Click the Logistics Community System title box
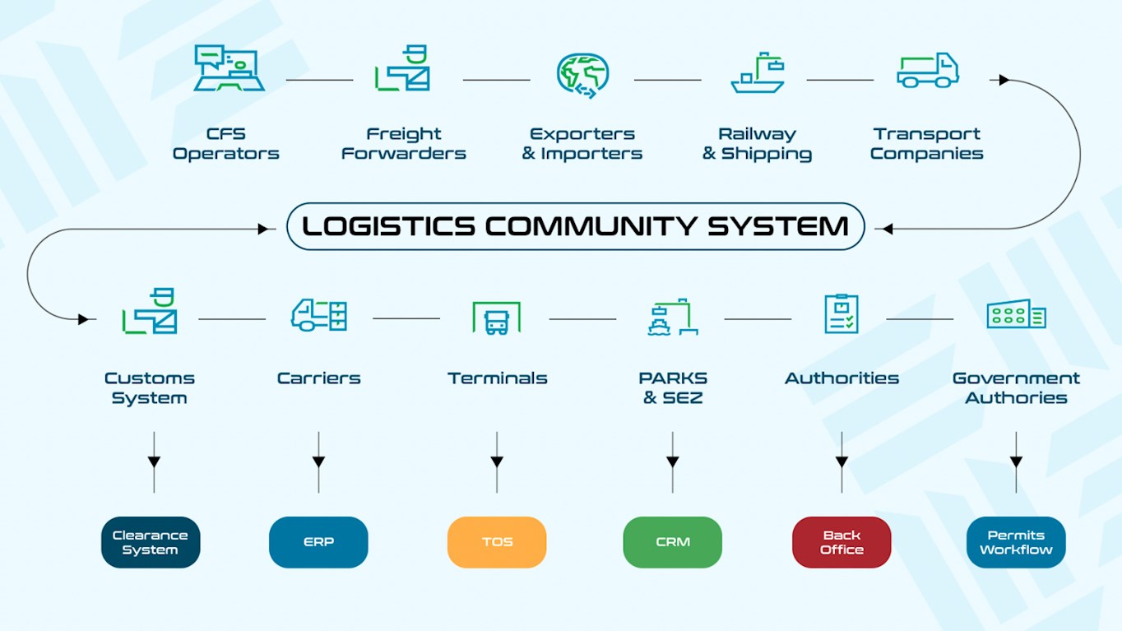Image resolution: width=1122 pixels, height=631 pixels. pyautogui.click(x=575, y=226)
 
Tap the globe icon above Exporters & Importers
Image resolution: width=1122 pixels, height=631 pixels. pyautogui.click(x=582, y=75)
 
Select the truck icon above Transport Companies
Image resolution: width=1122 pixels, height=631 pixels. pyautogui.click(x=928, y=71)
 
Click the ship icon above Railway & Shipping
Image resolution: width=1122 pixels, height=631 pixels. pyautogui.click(x=757, y=74)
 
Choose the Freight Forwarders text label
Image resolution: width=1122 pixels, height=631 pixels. pyautogui.click(x=404, y=143)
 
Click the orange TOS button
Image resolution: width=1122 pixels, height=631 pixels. pyautogui.click(x=497, y=542)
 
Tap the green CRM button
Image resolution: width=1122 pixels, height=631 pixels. pyautogui.click(x=672, y=542)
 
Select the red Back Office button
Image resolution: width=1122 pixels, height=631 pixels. pyautogui.click(x=841, y=542)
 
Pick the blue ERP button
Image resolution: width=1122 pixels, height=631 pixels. pyautogui.click(x=318, y=542)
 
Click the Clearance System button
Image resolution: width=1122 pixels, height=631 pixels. pyautogui.click(x=151, y=542)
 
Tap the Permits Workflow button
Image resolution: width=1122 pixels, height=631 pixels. pyautogui.click(x=1016, y=542)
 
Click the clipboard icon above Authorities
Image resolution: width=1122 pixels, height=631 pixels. pyautogui.click(x=841, y=313)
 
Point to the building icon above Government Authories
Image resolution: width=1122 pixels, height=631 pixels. pyautogui.click(x=1016, y=314)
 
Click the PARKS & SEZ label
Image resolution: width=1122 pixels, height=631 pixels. pyautogui.click(x=673, y=387)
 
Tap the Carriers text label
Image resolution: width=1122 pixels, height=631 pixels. pyautogui.click(x=318, y=378)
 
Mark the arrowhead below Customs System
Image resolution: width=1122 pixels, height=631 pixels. pyautogui.click(x=154, y=462)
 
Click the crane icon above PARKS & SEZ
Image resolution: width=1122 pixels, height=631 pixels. pyautogui.click(x=672, y=317)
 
